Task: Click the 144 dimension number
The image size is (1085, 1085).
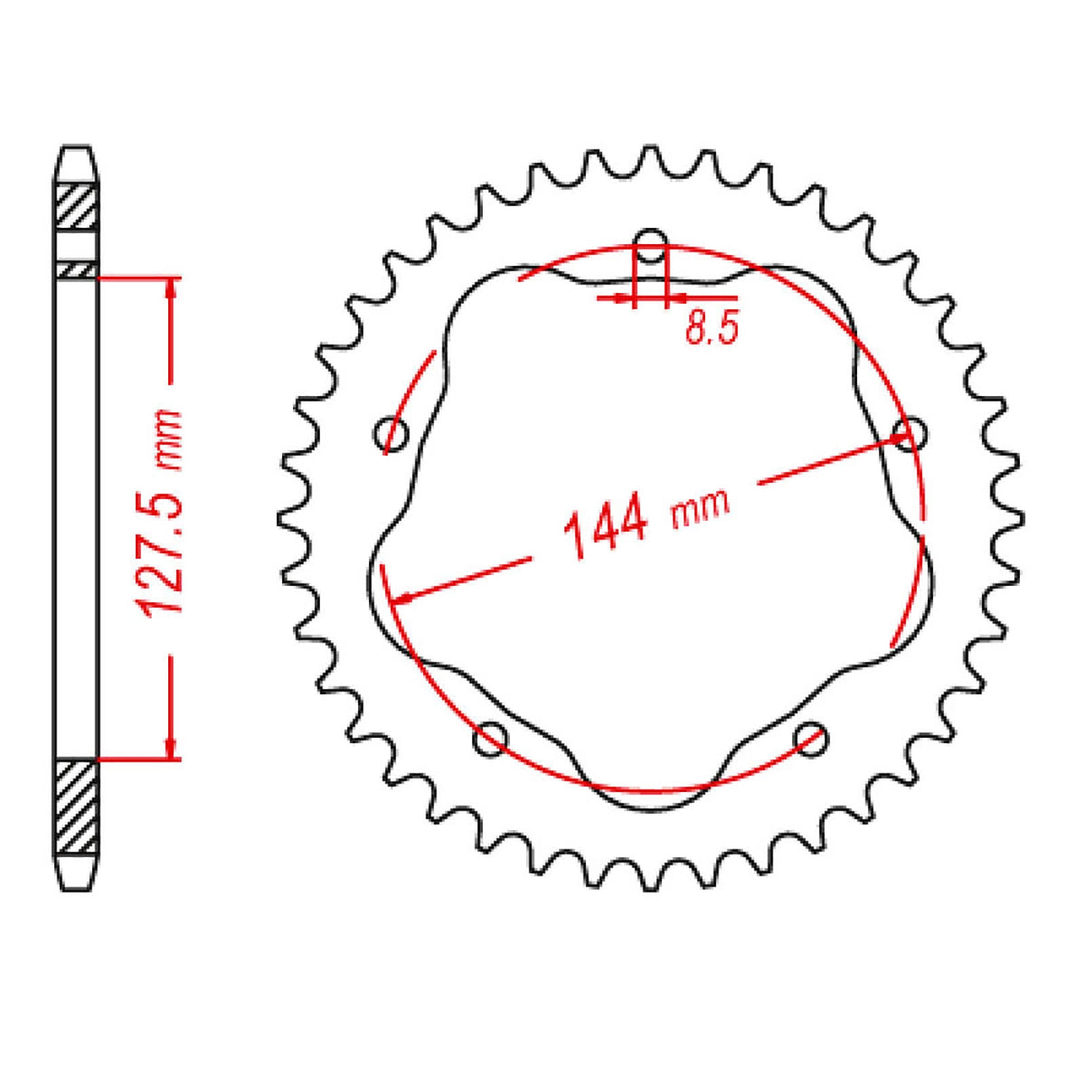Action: click(x=606, y=528)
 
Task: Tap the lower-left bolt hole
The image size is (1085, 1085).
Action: click(x=491, y=739)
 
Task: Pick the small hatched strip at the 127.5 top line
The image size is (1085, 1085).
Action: click(x=76, y=269)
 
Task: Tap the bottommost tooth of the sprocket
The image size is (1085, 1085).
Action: click(x=649, y=882)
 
